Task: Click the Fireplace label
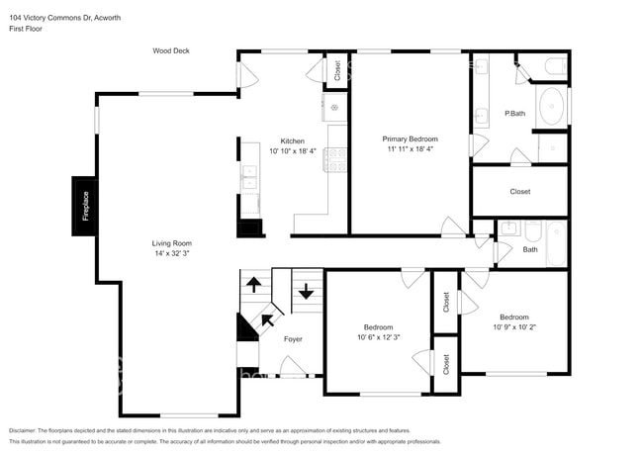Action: click(86, 206)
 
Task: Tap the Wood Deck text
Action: click(171, 50)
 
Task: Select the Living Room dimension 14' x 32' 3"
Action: click(172, 253)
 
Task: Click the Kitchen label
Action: click(293, 141)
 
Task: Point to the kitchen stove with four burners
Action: click(335, 160)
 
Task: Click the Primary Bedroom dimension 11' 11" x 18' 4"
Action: click(411, 149)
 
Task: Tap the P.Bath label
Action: click(514, 113)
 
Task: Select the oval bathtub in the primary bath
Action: click(552, 106)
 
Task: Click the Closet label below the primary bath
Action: click(520, 192)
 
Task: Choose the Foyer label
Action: click(293, 339)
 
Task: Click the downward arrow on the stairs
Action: click(306, 291)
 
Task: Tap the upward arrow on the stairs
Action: click(254, 285)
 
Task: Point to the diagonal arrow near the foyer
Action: click(268, 319)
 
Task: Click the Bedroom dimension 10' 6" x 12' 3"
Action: click(379, 337)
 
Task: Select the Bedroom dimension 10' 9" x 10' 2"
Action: click(514, 327)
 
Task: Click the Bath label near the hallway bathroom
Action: click(530, 249)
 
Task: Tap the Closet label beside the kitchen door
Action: click(337, 70)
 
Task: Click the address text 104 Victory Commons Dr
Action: click(50, 18)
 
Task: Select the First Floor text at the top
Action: click(26, 29)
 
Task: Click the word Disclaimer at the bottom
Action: click(23, 431)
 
